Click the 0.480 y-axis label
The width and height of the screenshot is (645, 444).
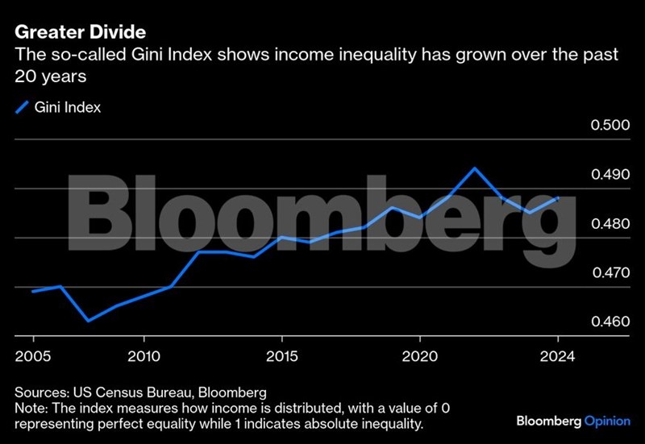[609, 224]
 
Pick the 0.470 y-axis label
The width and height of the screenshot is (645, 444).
[609, 273]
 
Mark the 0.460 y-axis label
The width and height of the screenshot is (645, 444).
[609, 322]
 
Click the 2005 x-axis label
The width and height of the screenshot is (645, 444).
[33, 355]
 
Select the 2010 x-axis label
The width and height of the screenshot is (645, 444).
[144, 355]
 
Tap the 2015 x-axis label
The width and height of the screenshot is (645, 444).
[281, 355]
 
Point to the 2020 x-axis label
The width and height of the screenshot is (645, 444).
[419, 355]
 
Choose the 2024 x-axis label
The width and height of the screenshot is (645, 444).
[557, 355]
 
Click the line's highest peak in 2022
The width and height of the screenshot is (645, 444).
[474, 168]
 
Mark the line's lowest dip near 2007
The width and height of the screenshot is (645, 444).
[88, 321]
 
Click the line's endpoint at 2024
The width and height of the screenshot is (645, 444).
[557, 197]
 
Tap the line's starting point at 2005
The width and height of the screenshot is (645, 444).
[33, 292]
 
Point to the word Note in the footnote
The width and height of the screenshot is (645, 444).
[31, 408]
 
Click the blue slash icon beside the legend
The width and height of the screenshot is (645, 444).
[22, 106]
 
